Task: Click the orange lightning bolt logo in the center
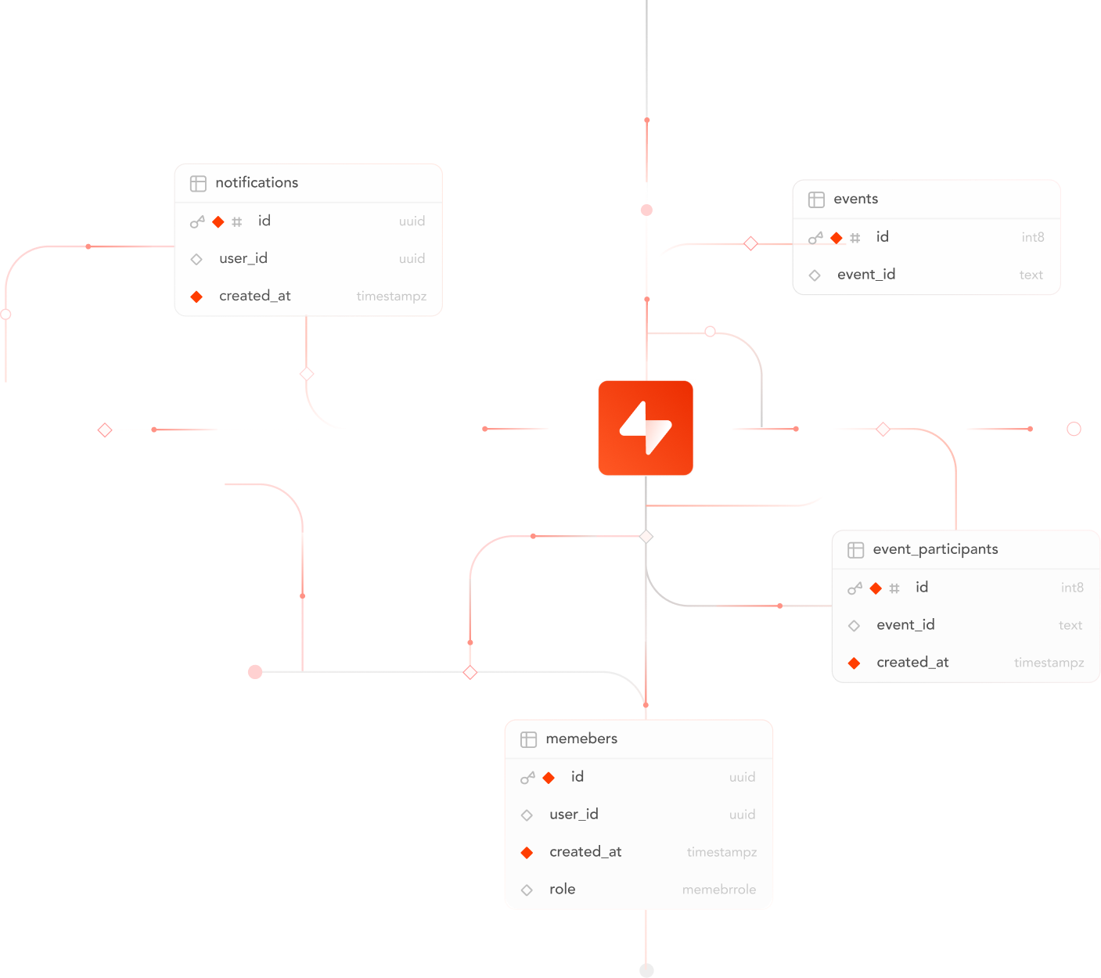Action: [646, 428]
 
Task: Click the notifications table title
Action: [257, 182]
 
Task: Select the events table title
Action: [855, 199]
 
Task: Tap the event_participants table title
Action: [935, 549]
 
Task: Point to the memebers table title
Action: [581, 739]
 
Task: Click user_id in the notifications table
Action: [243, 258]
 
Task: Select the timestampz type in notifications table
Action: [391, 296]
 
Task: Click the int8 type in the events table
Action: [1032, 237]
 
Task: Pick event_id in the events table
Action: [866, 275]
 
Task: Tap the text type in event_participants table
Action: [1070, 625]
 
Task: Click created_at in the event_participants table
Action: [912, 663]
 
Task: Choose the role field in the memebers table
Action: [562, 890]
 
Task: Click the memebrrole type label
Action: [718, 890]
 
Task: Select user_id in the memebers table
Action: [574, 814]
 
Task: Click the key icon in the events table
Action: [815, 238]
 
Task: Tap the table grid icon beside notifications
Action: [198, 183]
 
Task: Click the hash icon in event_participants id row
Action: [894, 588]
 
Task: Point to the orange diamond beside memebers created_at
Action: [527, 852]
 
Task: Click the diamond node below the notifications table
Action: [307, 374]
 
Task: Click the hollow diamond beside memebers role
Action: [527, 890]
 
